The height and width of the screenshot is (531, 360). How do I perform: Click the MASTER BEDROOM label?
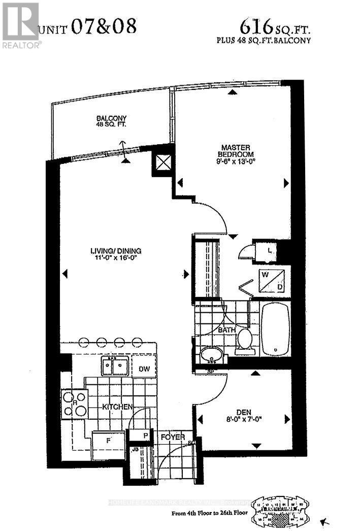[233, 150]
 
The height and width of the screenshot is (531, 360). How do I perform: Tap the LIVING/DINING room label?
[116, 251]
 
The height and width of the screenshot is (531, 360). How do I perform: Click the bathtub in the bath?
[275, 327]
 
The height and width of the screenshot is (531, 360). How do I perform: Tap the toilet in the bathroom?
[246, 339]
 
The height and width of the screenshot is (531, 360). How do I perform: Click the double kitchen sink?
[114, 366]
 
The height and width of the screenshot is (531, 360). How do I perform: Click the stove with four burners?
[74, 404]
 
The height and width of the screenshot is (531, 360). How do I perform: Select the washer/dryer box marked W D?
[273, 281]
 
